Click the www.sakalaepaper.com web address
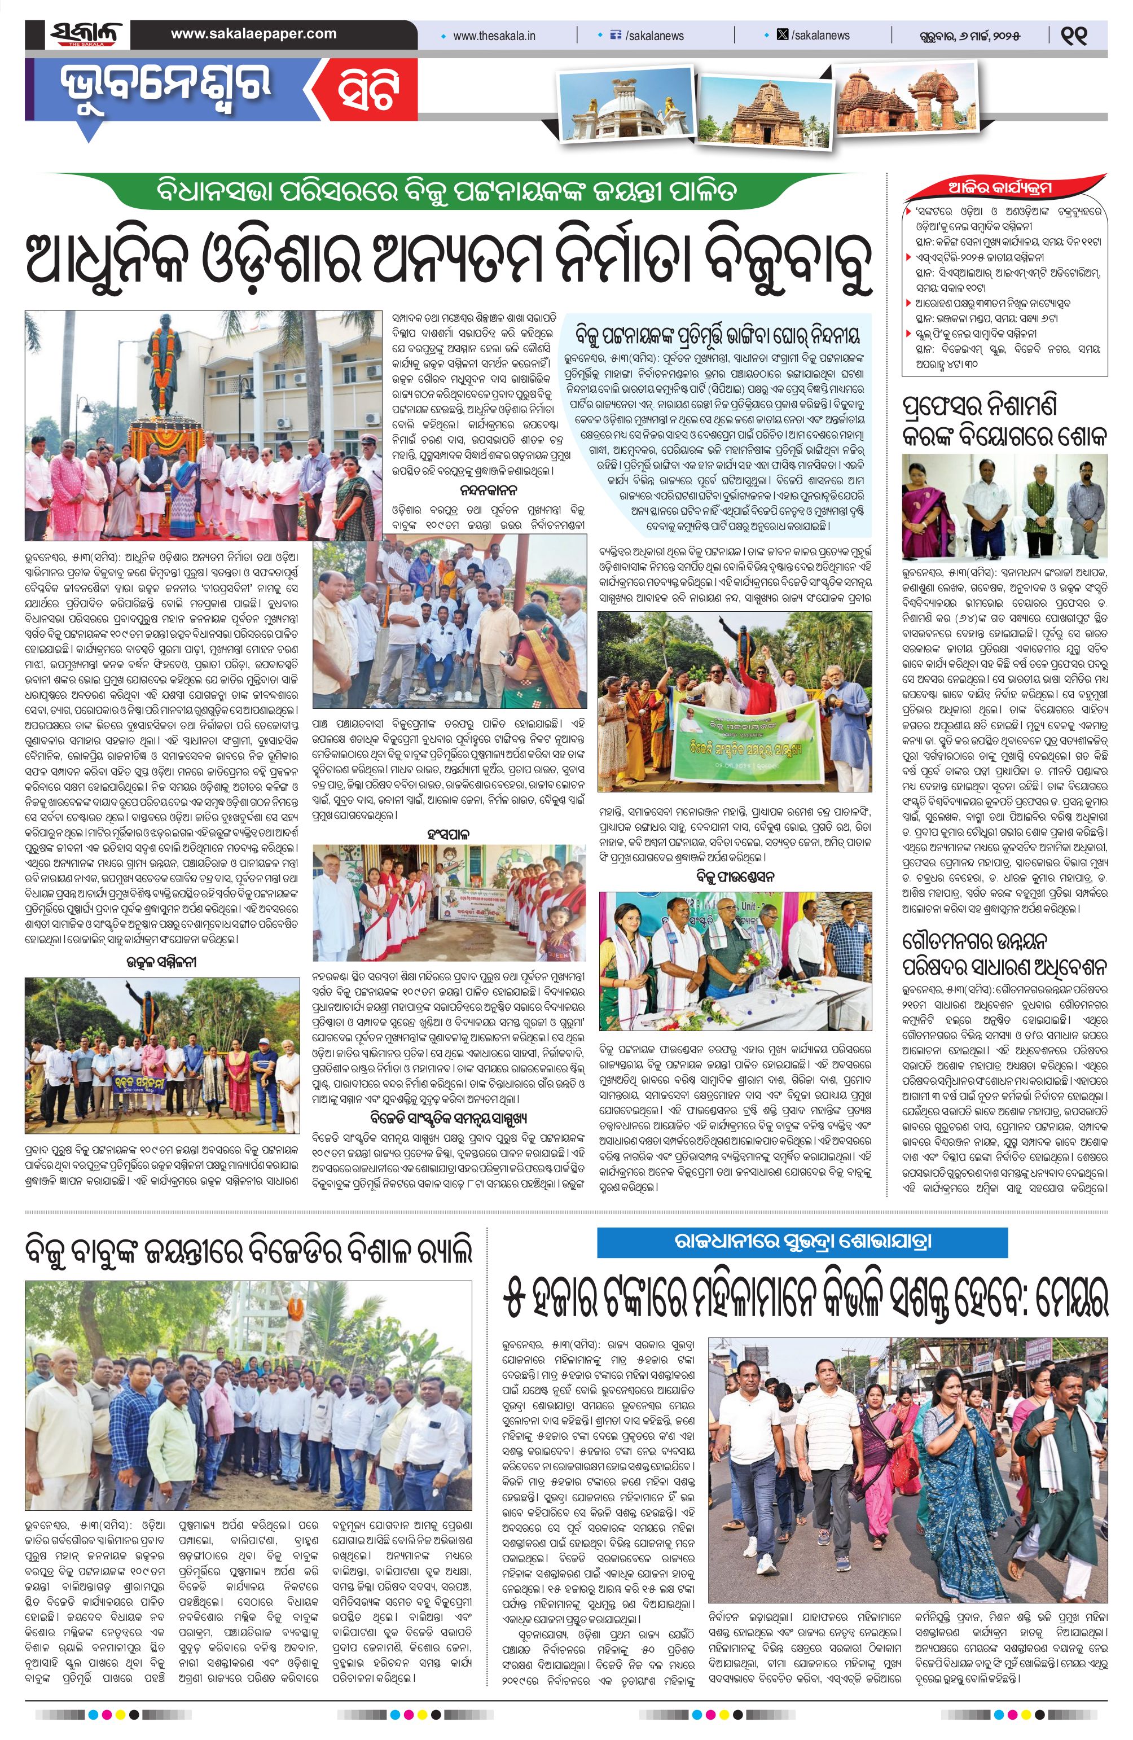(254, 34)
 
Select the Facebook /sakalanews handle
(649, 35)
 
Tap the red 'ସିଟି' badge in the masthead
(368, 93)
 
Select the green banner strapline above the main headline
(447, 191)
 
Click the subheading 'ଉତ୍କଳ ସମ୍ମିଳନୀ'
(163, 963)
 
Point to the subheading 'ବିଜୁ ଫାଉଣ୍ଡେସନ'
(735, 876)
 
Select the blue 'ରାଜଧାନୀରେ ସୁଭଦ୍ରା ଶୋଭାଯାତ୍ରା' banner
(802, 1242)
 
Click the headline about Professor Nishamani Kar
(1004, 422)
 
